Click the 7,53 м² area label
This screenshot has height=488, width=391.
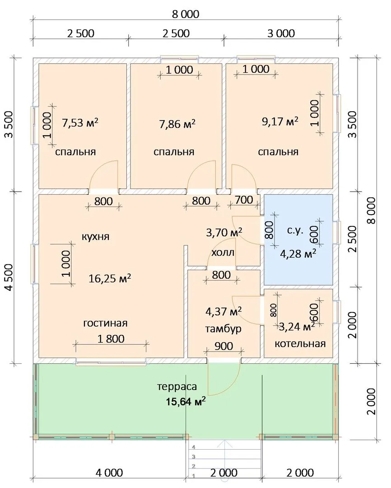pyautogui.click(x=80, y=122)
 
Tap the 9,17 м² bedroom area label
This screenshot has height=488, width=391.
pyautogui.click(x=280, y=121)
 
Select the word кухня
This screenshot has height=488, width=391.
pyautogui.click(x=96, y=237)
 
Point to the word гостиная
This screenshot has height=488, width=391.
pyautogui.click(x=106, y=323)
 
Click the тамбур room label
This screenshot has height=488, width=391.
pyautogui.click(x=223, y=329)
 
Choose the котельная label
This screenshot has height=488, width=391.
pyautogui.click(x=300, y=343)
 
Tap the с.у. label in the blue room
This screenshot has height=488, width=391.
pyautogui.click(x=295, y=231)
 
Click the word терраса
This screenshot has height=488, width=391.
pyautogui.click(x=177, y=387)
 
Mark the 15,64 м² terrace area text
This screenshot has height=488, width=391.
pyautogui.click(x=186, y=402)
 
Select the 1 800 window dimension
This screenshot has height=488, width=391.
pyautogui.click(x=111, y=338)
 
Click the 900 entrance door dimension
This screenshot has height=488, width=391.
pyautogui.click(x=223, y=346)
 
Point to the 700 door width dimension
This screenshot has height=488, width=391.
pyautogui.click(x=244, y=200)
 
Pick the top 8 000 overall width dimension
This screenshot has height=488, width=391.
pyautogui.click(x=186, y=14)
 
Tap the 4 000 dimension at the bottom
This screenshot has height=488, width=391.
pyautogui.click(x=109, y=473)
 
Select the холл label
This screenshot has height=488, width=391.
pyautogui.click(x=223, y=253)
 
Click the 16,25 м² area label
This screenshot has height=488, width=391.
pyautogui.click(x=110, y=278)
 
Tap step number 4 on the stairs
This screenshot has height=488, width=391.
pyautogui.click(x=194, y=447)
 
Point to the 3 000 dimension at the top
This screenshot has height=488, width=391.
pyautogui.click(x=281, y=33)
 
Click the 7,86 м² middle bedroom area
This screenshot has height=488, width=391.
pyautogui.click(x=177, y=124)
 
